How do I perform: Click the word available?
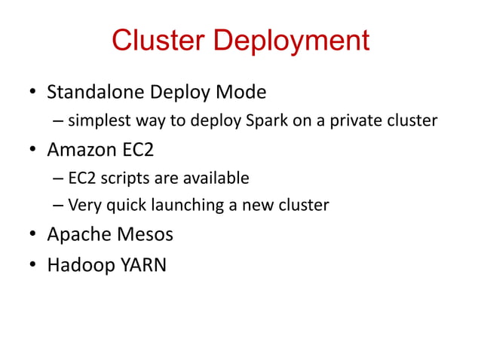point(214,178)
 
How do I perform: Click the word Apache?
point(74,234)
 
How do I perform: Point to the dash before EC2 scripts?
point(59,179)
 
